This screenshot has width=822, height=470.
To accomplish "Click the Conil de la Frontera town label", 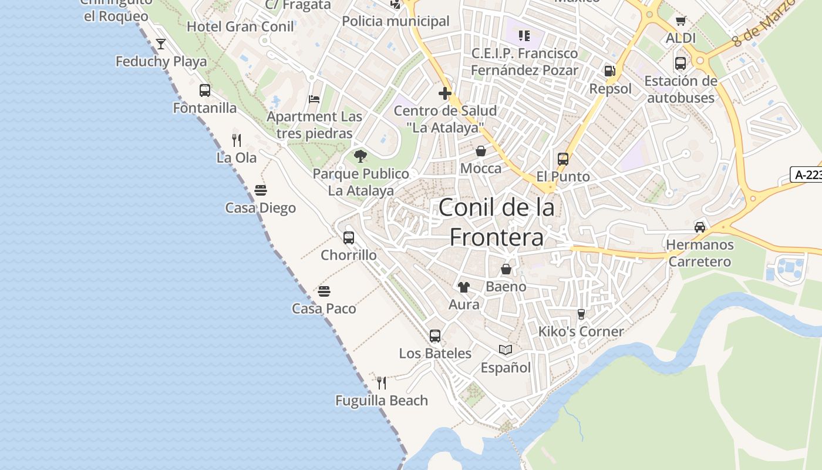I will (x=497, y=222).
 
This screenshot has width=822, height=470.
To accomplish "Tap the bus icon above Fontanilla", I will (x=205, y=90).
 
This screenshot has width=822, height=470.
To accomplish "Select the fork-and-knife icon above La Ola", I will (x=237, y=140).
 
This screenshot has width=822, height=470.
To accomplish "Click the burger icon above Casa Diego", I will (x=261, y=190).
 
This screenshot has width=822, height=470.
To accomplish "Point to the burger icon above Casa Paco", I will (x=324, y=291).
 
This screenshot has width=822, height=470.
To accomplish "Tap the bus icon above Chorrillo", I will (x=349, y=238).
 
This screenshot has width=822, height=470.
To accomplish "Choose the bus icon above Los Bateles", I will (x=435, y=335).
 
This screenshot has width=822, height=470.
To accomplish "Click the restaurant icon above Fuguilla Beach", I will (x=382, y=383).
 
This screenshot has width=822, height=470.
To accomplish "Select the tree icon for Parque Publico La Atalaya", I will (x=361, y=156).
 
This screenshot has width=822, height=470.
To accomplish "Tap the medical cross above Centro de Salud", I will (x=445, y=93).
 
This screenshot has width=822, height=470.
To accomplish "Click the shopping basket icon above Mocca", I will (x=481, y=151).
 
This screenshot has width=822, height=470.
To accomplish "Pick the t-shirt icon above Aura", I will (x=464, y=287).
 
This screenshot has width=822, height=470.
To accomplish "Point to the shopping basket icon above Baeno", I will (x=506, y=269).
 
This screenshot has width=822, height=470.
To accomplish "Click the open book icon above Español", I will (x=506, y=350).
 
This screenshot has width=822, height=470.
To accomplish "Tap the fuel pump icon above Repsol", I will (x=610, y=71).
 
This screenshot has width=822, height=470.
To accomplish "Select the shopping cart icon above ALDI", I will (x=680, y=21).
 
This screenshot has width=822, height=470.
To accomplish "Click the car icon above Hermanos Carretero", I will (x=700, y=227).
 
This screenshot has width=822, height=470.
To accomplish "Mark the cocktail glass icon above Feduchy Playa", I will (x=160, y=43).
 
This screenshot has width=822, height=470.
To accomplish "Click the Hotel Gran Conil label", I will (x=240, y=26).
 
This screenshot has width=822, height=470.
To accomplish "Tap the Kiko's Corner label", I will (x=581, y=331).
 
